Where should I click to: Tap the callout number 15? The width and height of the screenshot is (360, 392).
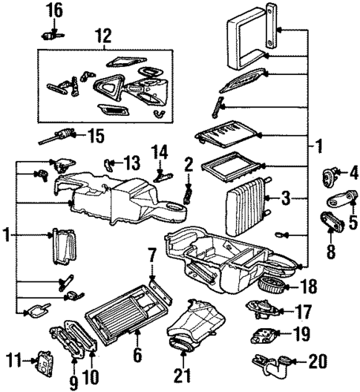coord(94,136)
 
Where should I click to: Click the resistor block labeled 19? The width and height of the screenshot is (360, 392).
coord(264,335)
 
